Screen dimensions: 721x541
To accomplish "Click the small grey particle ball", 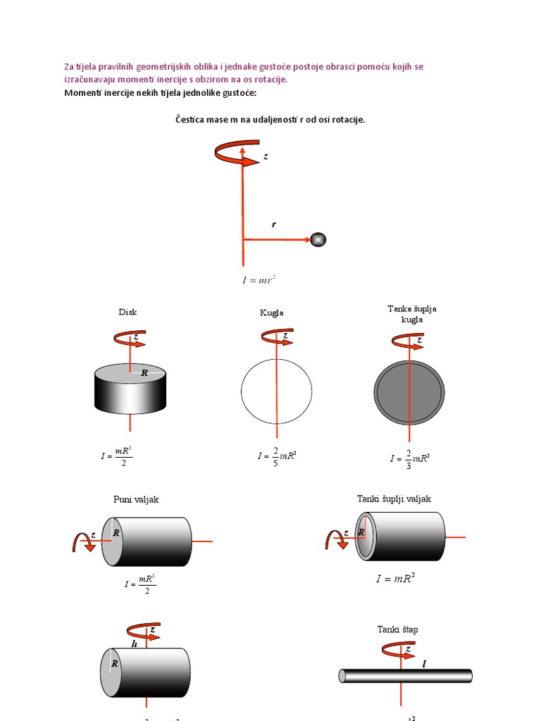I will click(318, 239).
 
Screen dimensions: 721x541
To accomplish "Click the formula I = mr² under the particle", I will click(259, 280).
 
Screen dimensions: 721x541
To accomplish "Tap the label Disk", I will click(128, 312).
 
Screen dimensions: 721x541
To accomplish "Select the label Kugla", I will click(271, 313).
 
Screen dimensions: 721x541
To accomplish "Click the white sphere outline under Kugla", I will click(276, 391).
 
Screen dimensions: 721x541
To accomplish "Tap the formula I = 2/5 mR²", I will click(277, 456).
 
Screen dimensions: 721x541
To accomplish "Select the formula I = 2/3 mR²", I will click(410, 458).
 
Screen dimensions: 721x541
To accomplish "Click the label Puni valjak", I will click(136, 499).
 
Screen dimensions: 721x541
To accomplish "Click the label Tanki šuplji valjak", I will click(394, 499).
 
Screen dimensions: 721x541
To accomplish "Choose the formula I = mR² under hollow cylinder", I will click(395, 579).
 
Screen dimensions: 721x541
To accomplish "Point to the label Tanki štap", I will click(397, 629).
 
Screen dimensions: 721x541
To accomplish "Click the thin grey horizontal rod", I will click(406, 676).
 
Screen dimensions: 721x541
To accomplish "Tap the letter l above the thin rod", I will click(425, 663).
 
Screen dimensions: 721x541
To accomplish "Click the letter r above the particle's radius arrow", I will click(274, 225).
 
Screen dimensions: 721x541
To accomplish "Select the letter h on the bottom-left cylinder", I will click(134, 644).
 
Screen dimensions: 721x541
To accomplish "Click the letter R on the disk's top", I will click(144, 372).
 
